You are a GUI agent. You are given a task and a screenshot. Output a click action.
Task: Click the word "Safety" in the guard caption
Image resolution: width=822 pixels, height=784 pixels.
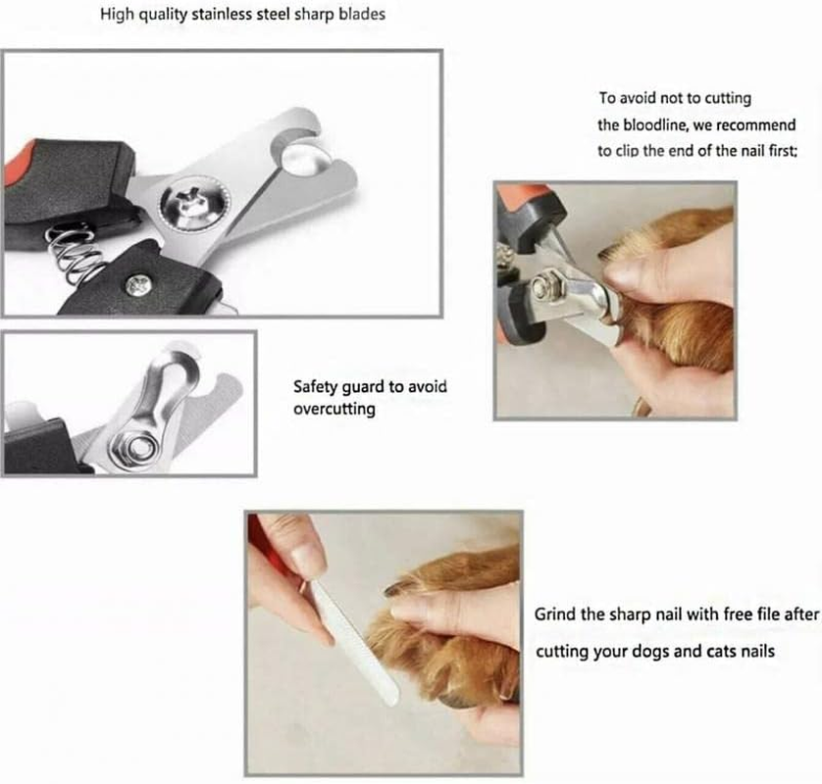click(316, 387)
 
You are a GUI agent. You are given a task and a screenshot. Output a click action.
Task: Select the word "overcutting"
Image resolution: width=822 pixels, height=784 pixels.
click(334, 409)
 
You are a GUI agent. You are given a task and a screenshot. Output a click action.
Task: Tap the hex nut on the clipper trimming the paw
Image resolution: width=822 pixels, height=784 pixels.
click(542, 288)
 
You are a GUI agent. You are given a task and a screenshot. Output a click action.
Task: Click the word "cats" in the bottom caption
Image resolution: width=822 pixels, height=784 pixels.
click(697, 651)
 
